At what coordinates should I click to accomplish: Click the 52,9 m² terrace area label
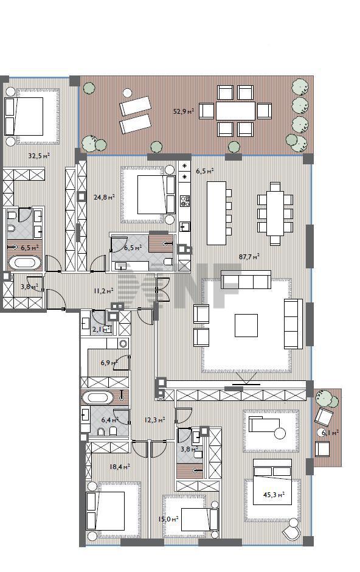click(x=183, y=111)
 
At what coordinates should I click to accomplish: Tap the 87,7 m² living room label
click(x=249, y=256)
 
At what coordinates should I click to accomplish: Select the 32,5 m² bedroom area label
click(x=39, y=156)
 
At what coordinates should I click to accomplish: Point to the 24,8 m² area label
click(x=104, y=197)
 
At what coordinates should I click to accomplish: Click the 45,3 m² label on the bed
click(x=274, y=495)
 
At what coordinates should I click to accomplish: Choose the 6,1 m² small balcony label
click(x=330, y=433)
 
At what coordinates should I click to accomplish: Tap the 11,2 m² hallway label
click(x=103, y=291)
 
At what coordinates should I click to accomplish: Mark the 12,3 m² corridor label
click(x=155, y=420)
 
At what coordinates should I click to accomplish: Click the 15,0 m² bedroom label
click(x=168, y=518)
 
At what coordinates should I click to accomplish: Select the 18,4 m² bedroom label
click(x=120, y=466)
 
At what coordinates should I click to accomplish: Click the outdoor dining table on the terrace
click(x=235, y=111)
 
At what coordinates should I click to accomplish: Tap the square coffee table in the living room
click(x=246, y=326)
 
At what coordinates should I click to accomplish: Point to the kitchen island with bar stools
click(x=216, y=213)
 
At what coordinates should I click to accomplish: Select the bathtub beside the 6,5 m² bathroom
click(x=24, y=263)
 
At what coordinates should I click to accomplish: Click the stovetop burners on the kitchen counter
click(x=185, y=201)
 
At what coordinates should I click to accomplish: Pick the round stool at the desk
click(x=280, y=433)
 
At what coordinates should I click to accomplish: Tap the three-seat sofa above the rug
click(x=246, y=279)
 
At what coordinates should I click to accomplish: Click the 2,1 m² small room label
click(x=102, y=329)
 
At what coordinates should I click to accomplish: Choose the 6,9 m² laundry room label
click(x=109, y=363)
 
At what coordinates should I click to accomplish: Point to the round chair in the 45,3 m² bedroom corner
click(x=292, y=530)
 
